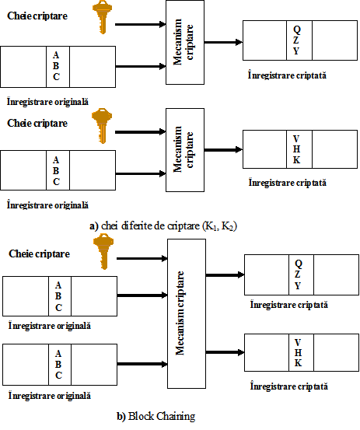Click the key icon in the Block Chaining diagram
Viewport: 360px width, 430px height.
tap(103, 251)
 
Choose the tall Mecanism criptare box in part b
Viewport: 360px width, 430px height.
tap(187, 313)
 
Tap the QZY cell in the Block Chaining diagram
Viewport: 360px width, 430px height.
tap(301, 274)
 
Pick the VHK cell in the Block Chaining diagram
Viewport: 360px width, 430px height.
tap(301, 353)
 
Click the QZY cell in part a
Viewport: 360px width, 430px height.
tap(299, 40)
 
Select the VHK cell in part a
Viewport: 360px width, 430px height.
tap(299, 149)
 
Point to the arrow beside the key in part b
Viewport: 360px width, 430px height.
tap(142, 258)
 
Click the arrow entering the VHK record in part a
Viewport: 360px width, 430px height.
tap(223, 150)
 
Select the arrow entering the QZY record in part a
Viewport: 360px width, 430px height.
tap(223, 42)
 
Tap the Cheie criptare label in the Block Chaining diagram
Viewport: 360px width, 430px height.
tap(39, 254)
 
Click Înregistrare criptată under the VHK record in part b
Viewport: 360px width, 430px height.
tap(289, 386)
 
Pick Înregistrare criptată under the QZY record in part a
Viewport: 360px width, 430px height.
tap(288, 75)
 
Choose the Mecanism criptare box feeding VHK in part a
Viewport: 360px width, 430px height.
tap(185, 150)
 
